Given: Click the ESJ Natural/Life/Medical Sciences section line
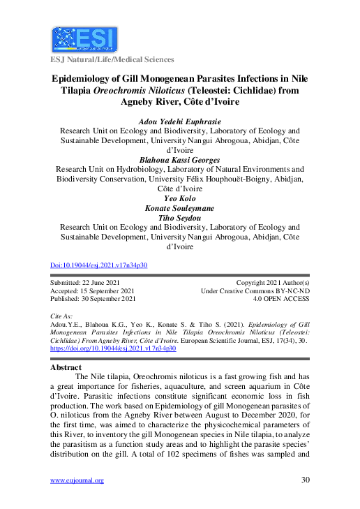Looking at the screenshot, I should point(112,60).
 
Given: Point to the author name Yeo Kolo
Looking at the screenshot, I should point(180,198).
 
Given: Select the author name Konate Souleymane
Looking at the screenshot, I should point(180,208).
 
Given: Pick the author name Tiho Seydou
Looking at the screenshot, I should point(180,218).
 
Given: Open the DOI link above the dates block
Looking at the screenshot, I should point(99,265).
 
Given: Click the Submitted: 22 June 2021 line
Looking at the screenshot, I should point(85,282).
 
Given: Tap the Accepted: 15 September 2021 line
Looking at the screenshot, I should point(93,290).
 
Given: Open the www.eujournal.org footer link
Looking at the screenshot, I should point(77,480).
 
